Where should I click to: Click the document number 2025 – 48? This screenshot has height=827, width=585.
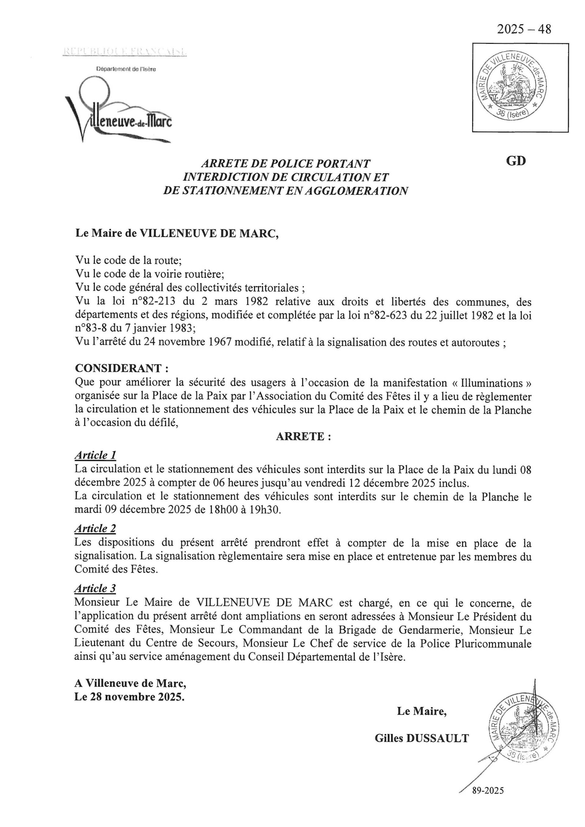pos(524,29)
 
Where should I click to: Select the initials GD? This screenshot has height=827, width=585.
pos(516,161)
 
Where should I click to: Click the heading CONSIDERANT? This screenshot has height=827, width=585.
pos(121,368)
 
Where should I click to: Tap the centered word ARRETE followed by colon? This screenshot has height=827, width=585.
pos(303,437)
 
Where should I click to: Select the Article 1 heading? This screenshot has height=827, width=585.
pos(95,455)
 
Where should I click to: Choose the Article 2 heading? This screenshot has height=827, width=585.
pos(95,528)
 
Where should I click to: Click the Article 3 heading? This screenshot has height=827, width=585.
pos(95,588)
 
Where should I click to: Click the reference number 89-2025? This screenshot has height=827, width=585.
pos(488,791)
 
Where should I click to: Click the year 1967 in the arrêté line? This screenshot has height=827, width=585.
pos(217,343)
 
